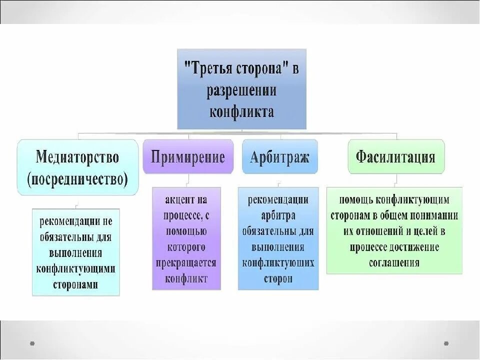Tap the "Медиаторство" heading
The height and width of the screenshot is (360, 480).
coord(77,157)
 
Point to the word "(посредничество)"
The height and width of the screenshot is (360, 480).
coord(77,178)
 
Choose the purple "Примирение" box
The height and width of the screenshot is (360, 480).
coord(188,157)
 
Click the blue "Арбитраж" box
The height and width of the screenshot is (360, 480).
coord(279,157)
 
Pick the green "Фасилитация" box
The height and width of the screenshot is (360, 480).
coord(395,157)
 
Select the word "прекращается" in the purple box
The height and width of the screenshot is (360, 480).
coord(186,262)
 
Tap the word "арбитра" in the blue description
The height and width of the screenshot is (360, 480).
coord(278,215)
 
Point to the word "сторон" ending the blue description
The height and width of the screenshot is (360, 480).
coord(278,279)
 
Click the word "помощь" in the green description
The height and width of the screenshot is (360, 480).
coord(356,200)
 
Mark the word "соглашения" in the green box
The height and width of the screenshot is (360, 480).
coord(394,263)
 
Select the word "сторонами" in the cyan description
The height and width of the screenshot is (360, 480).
coord(75,284)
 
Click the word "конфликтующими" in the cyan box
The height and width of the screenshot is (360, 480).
coord(75,268)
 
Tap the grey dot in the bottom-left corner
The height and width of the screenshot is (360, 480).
coord(32,343)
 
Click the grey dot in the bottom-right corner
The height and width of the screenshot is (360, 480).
coord(446,343)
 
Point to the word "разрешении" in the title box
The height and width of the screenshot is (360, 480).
coord(241,90)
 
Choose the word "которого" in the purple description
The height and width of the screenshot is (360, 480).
coord(186,247)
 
